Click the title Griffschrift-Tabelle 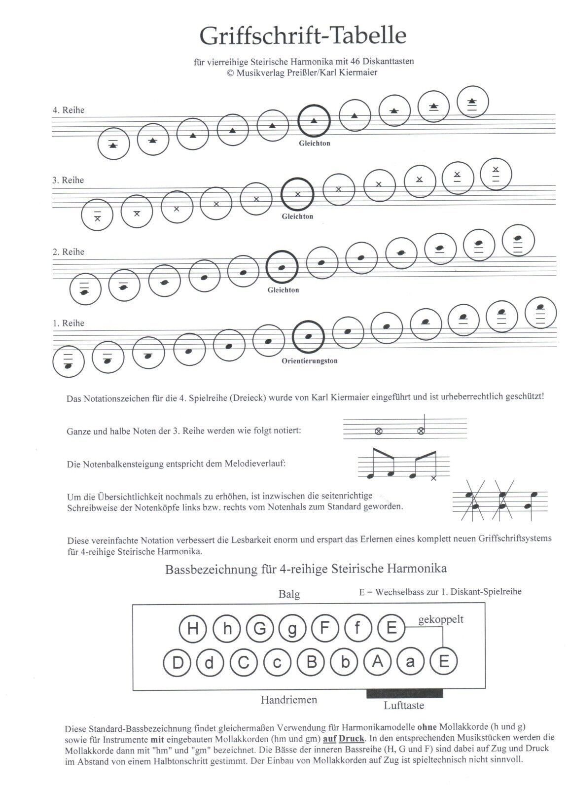[303, 36]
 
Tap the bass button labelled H [193, 628]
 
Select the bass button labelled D [177, 662]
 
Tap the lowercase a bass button [410, 662]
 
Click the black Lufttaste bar [404, 693]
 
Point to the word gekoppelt [441, 619]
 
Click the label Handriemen [289, 699]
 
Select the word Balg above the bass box [289, 594]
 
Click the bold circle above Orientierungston [308, 337]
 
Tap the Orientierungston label [309, 361]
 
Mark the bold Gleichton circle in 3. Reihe [297, 194]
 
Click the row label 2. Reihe [69, 251]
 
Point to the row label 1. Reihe [69, 323]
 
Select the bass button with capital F [325, 628]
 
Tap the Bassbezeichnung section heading [306, 569]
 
